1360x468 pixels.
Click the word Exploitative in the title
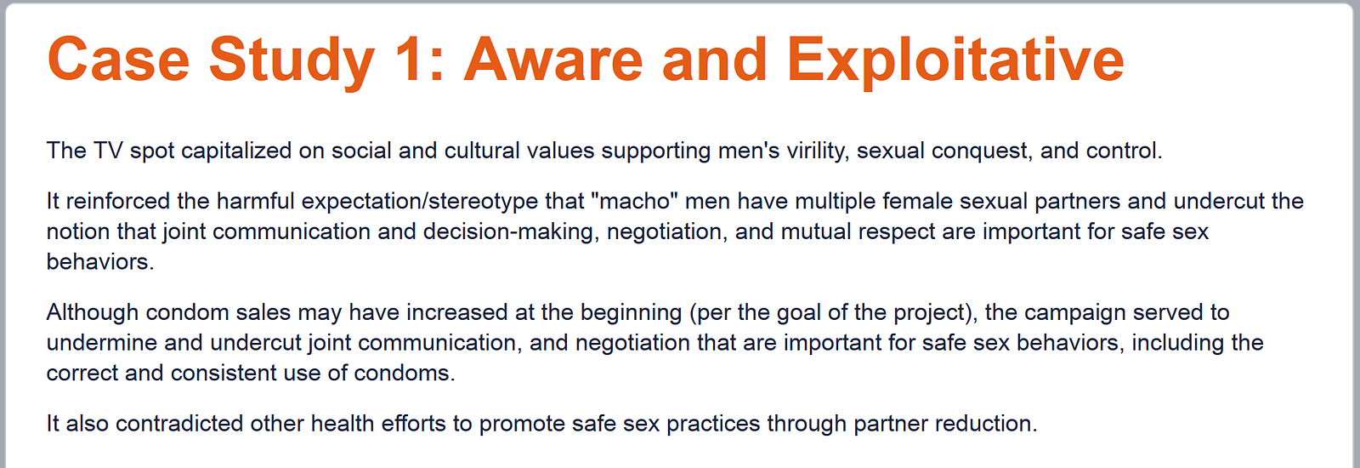(955, 60)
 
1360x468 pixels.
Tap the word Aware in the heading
(552, 60)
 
